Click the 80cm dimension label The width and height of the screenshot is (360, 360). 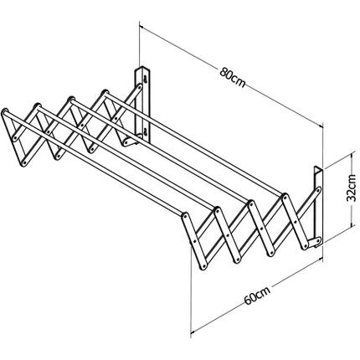coord(232,77)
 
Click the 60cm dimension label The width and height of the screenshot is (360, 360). coord(257,296)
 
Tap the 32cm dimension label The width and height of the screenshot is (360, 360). coord(351,188)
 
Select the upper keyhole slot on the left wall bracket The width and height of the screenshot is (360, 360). coord(146,80)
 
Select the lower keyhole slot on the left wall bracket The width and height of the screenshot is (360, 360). coord(146,131)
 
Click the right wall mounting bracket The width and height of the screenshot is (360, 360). coord(318,207)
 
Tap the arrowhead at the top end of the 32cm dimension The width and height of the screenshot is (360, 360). coord(352,153)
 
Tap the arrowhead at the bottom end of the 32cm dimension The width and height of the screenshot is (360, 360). coord(352,224)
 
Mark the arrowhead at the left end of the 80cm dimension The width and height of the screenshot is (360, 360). coord(141,27)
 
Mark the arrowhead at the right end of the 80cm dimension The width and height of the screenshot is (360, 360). coord(321,126)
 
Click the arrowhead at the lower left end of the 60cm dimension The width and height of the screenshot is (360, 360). coord(193,332)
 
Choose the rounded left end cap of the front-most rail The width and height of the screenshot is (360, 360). coord(5,111)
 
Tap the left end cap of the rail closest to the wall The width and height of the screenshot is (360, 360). coord(105,92)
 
